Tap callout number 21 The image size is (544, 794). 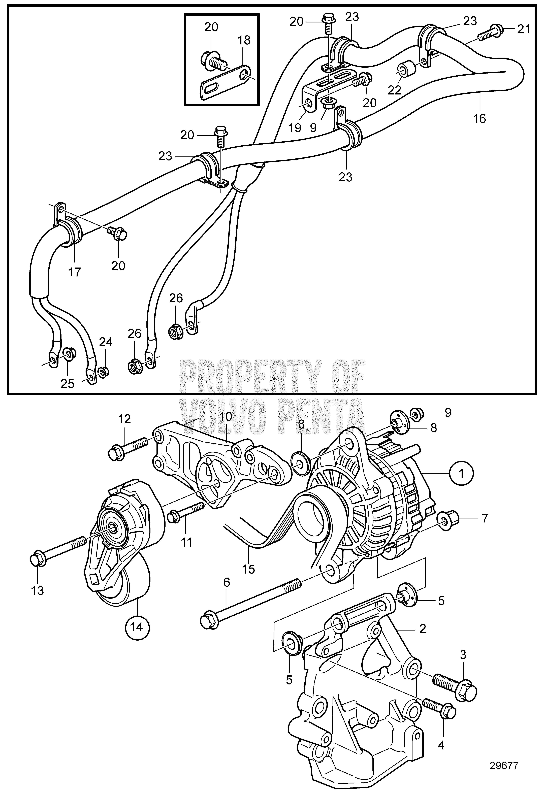(524, 29)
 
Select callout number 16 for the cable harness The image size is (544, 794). (479, 119)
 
